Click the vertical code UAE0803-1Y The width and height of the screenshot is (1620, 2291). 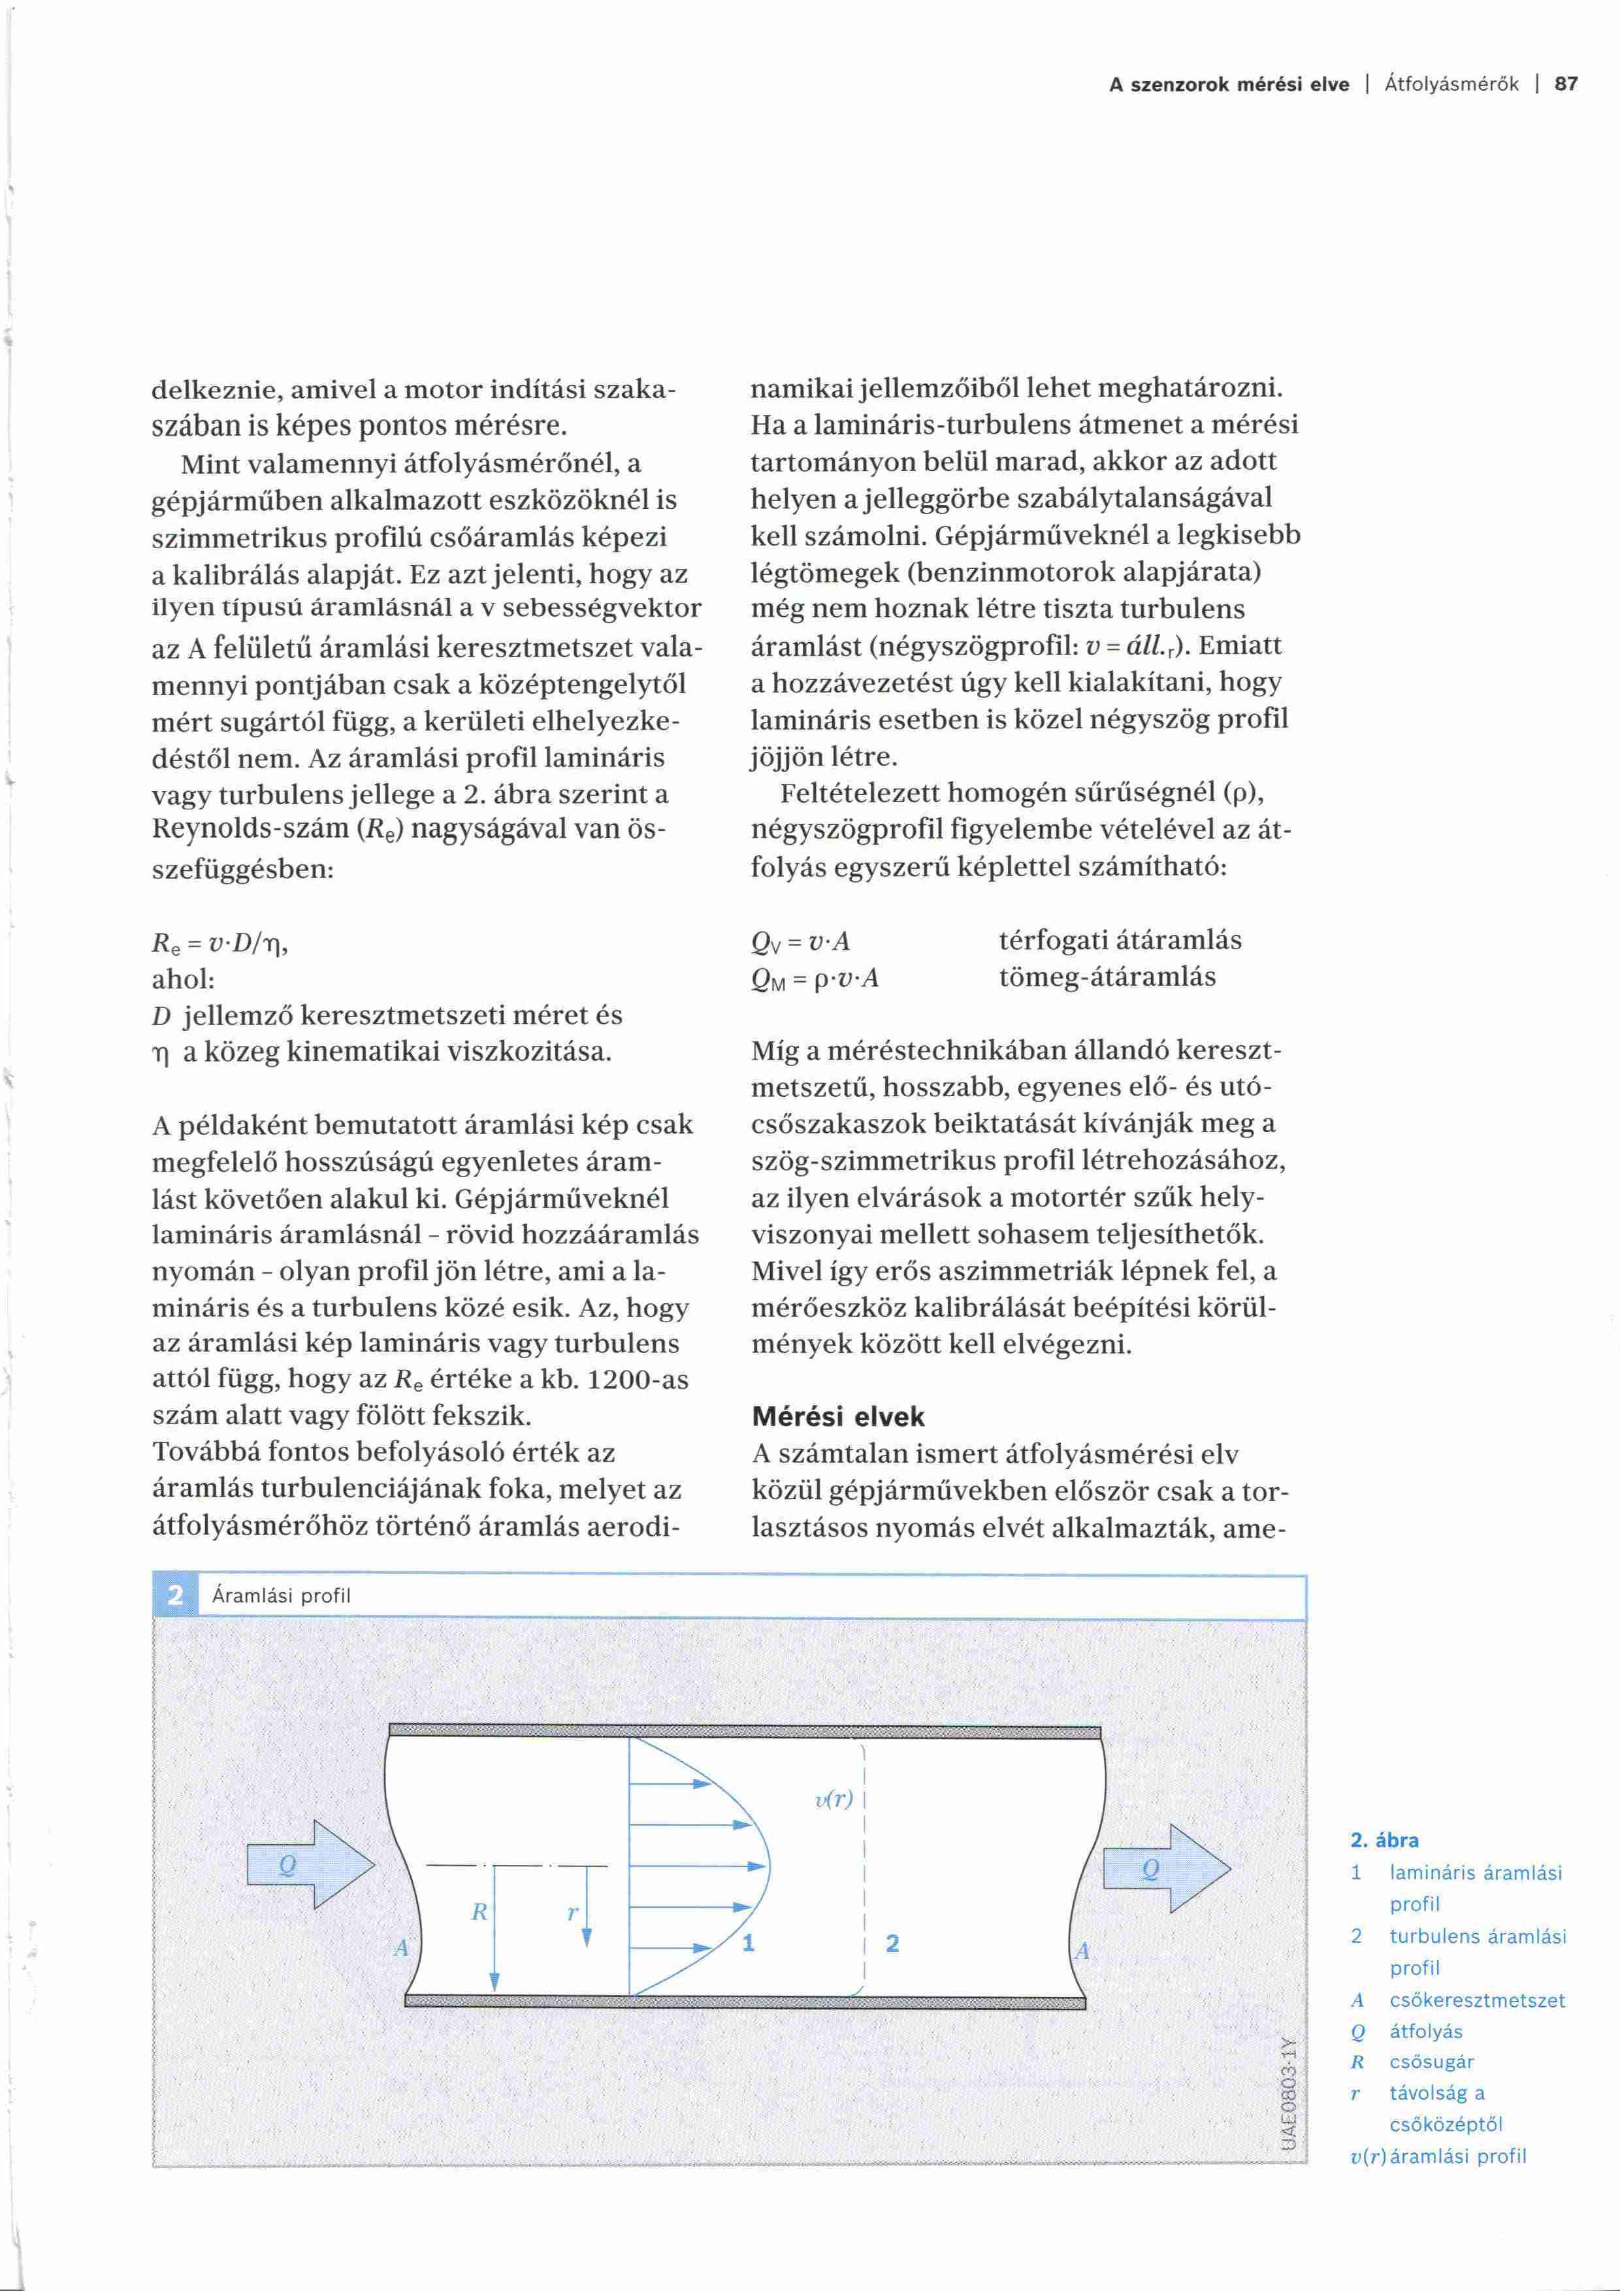[1288, 2092]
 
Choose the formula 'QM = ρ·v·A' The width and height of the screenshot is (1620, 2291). [815, 978]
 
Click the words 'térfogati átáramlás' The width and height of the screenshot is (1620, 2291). [1120, 940]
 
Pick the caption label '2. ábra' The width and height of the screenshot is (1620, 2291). [1385, 1840]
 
